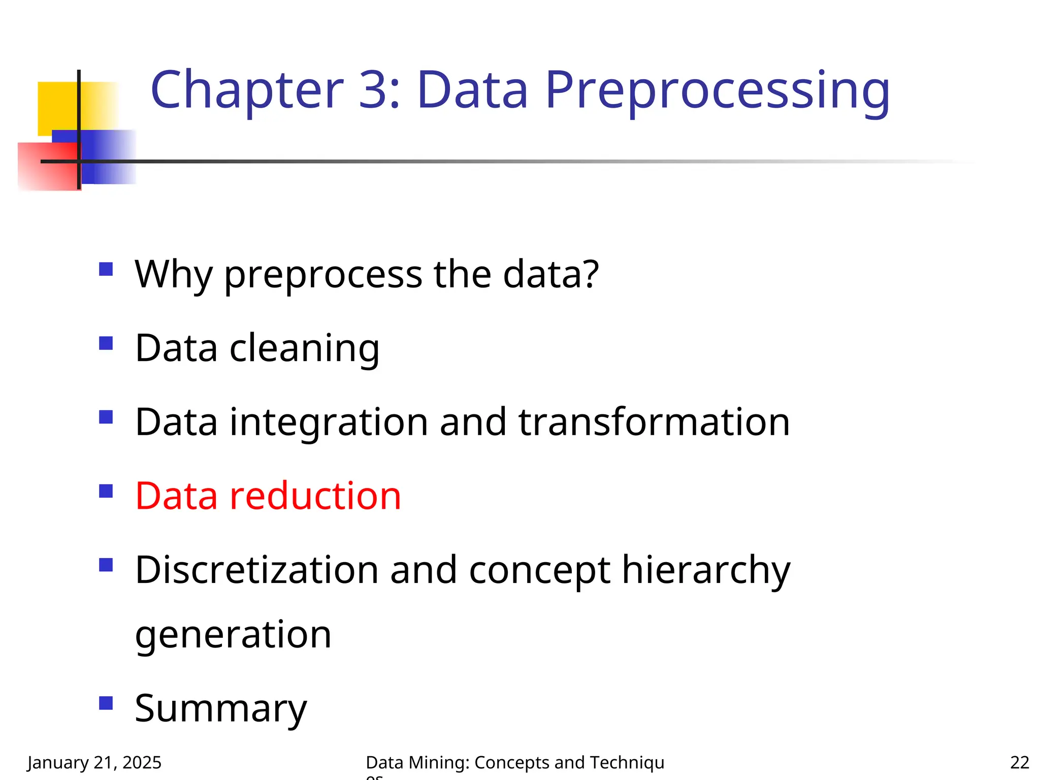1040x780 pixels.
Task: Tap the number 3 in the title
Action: [374, 90]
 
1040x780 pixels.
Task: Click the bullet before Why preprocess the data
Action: [106, 269]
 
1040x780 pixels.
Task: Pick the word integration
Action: [329, 422]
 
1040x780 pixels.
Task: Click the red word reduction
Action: [315, 496]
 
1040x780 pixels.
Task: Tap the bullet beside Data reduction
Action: [106, 491]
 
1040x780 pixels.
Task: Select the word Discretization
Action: [257, 570]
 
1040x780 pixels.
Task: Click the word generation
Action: [233, 635]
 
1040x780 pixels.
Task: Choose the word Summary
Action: [221, 709]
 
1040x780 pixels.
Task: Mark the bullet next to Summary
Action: [106, 703]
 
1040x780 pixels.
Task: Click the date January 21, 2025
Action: [94, 762]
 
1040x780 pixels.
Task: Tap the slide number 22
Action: [1019, 762]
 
